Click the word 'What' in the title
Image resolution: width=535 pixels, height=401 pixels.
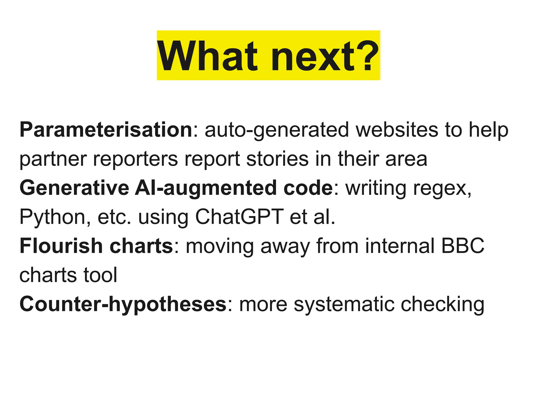pyautogui.click(x=208, y=56)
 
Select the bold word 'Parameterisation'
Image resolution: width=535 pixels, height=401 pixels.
pyautogui.click(x=106, y=130)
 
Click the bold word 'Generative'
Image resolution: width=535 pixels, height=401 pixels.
pyautogui.click(x=74, y=188)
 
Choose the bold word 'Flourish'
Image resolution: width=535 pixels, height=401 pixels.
pyautogui.click(x=61, y=246)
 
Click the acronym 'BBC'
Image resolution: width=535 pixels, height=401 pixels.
pyautogui.click(x=463, y=246)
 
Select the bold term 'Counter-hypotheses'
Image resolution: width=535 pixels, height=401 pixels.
pyautogui.click(x=123, y=304)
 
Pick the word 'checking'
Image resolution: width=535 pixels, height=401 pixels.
pyautogui.click(x=443, y=304)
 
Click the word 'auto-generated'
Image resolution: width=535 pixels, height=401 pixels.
pyautogui.click(x=277, y=130)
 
